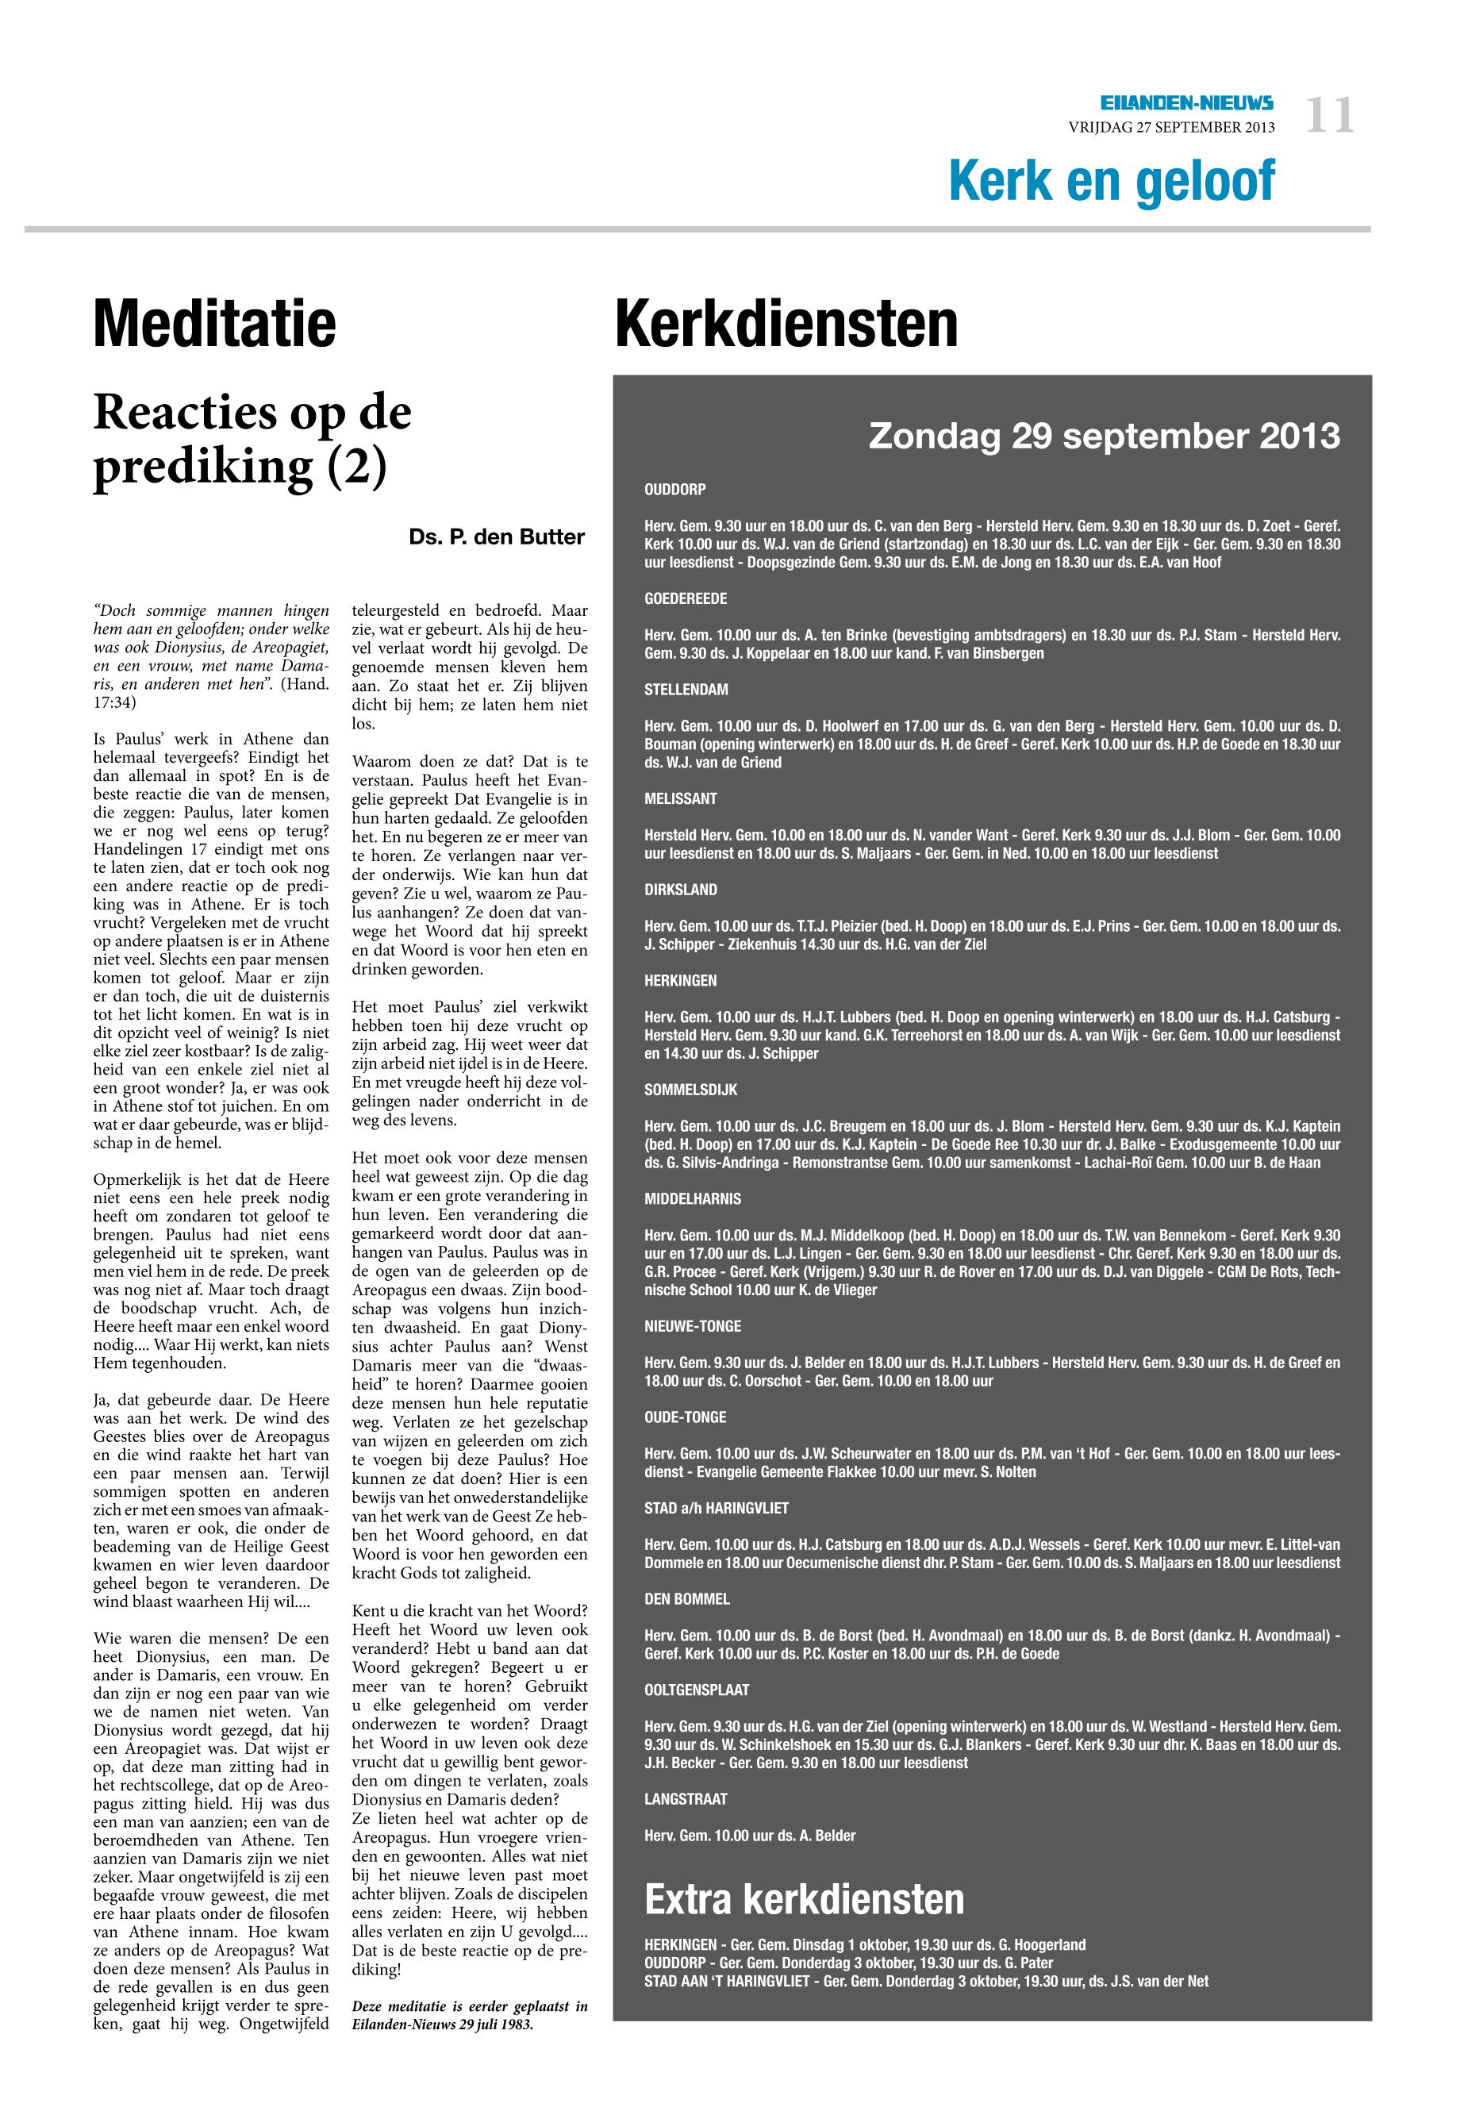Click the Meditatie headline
[x=215, y=324]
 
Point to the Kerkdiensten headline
[x=786, y=324]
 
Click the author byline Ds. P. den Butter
[x=496, y=537]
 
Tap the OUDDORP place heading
[x=675, y=490]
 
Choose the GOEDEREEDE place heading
[x=686, y=599]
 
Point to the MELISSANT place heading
[x=681, y=799]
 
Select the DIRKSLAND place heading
[x=681, y=890]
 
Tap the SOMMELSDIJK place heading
[x=690, y=1090]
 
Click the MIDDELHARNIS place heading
[x=693, y=1199]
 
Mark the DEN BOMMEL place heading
[x=687, y=1599]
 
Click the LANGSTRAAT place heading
[x=686, y=1799]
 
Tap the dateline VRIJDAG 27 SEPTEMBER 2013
[x=1171, y=128]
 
